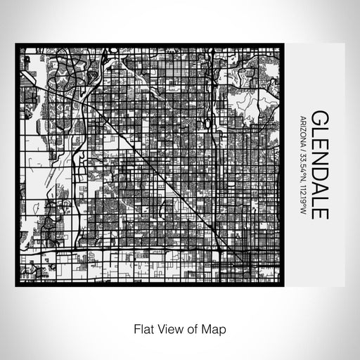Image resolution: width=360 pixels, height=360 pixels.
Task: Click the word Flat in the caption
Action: (139, 328)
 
